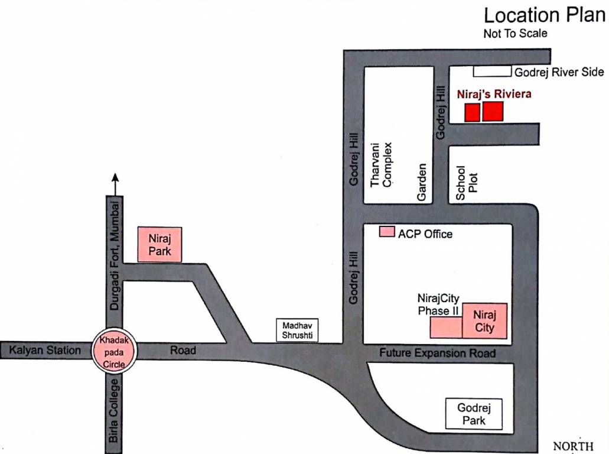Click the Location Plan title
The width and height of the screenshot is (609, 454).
545,15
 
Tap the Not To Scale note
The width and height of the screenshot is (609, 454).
515,34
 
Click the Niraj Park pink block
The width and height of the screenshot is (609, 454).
159,244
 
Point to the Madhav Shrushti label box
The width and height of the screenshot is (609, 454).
297,330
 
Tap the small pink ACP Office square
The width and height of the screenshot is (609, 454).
387,232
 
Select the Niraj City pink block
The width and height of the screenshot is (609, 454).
484,320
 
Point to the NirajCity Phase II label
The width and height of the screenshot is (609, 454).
438,304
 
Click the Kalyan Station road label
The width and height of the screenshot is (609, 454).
45,351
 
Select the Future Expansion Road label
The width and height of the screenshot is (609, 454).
437,354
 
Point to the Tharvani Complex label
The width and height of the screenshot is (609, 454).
381,164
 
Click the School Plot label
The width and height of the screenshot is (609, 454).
466,179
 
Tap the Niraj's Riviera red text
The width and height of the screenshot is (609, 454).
494,93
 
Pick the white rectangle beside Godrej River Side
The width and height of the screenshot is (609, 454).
492,72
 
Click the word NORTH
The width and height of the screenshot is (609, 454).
572,446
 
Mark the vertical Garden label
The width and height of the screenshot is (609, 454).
422,182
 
